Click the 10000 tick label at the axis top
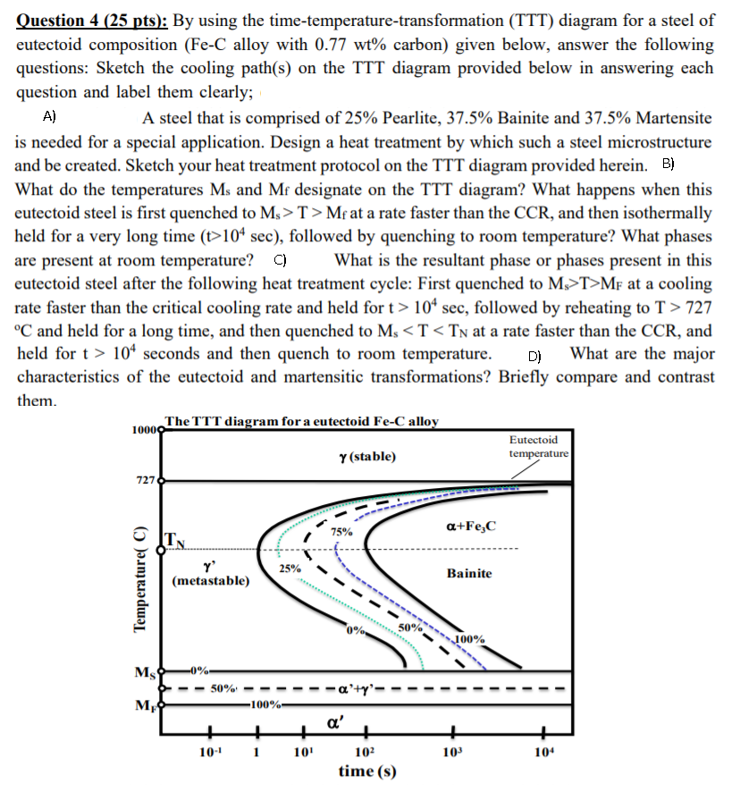point(143,430)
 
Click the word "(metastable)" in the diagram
point(211,581)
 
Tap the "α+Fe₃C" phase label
point(470,528)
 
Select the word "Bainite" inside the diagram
point(469,572)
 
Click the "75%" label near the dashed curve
point(341,532)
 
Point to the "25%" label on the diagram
point(290,568)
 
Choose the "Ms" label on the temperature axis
point(143,672)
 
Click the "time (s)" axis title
point(368,771)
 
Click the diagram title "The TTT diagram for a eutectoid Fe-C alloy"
point(301,421)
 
